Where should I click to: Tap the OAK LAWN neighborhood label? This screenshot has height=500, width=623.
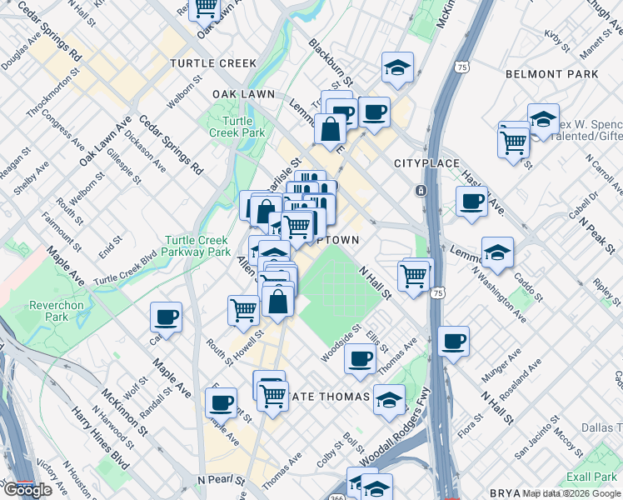[243, 94]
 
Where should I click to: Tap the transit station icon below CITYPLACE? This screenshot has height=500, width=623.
[421, 190]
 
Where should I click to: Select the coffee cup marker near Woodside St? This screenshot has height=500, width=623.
[360, 357]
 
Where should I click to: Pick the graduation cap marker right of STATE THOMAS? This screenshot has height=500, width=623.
[389, 399]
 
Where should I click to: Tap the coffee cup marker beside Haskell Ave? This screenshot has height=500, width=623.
[471, 201]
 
